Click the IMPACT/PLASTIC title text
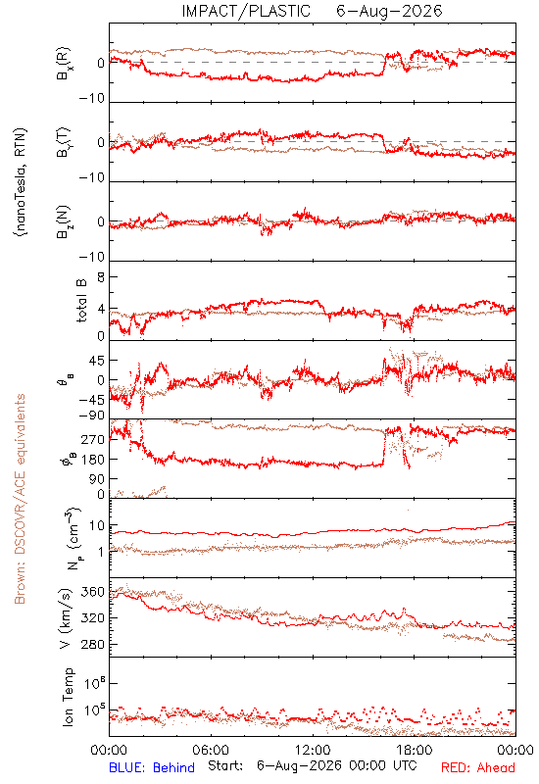tap(246, 11)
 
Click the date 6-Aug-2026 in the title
tap(389, 11)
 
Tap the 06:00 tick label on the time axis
tap(211, 750)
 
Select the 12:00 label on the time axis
tap(313, 750)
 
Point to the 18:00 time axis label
tap(415, 750)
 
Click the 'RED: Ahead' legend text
tap(477, 767)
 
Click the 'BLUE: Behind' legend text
tap(152, 767)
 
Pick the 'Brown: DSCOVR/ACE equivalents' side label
tap(20, 499)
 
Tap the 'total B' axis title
tap(81, 301)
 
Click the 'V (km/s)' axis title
tap(66, 618)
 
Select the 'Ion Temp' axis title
tap(68, 697)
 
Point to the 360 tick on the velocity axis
tap(93, 592)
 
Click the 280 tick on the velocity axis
tap(93, 644)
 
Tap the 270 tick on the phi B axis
tap(93, 439)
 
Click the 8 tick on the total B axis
tap(101, 277)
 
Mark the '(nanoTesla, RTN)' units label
tap(21, 182)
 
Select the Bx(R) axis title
tap(64, 64)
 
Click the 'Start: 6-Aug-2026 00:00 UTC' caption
tap(313, 766)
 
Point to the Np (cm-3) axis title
tap(73, 538)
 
